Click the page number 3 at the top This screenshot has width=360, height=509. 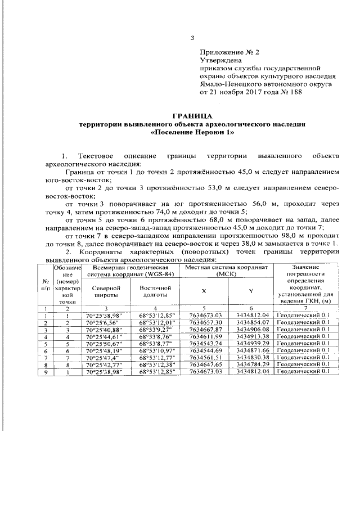[x=192, y=38]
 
